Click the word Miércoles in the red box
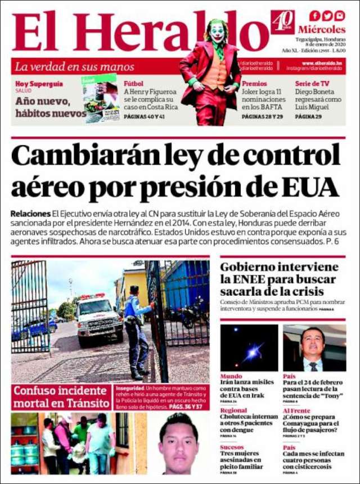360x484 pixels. pyautogui.click(x=322, y=29)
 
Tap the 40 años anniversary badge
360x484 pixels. pyautogui.click(x=282, y=22)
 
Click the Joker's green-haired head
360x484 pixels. pyautogui.click(x=217, y=30)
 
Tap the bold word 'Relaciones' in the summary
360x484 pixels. pyautogui.click(x=30, y=214)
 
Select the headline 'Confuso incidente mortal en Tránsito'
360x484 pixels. pyautogui.click(x=61, y=397)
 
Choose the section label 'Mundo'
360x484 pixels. pyautogui.click(x=231, y=376)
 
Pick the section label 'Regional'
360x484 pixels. pyautogui.click(x=233, y=411)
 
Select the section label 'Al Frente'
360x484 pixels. pyautogui.click(x=296, y=411)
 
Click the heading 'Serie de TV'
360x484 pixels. pyautogui.click(x=312, y=84)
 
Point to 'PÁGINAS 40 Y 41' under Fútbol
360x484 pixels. pyautogui.click(x=144, y=116)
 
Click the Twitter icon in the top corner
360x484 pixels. pyautogui.click(x=327, y=15)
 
